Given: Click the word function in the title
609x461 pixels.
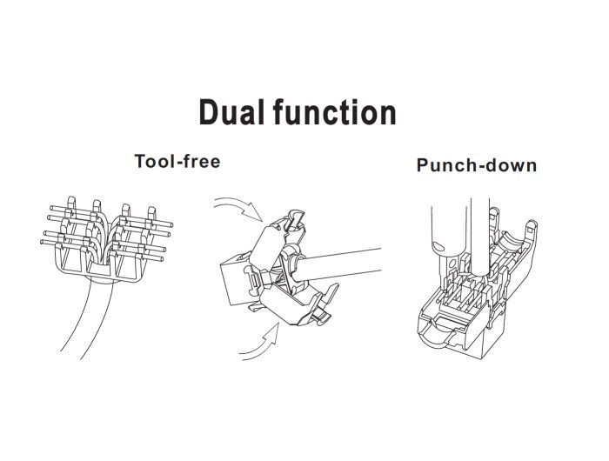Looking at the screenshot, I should coord(333,113).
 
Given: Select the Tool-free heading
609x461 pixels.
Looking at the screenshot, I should coord(177,161).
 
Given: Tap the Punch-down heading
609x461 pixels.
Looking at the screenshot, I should coord(476,165).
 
